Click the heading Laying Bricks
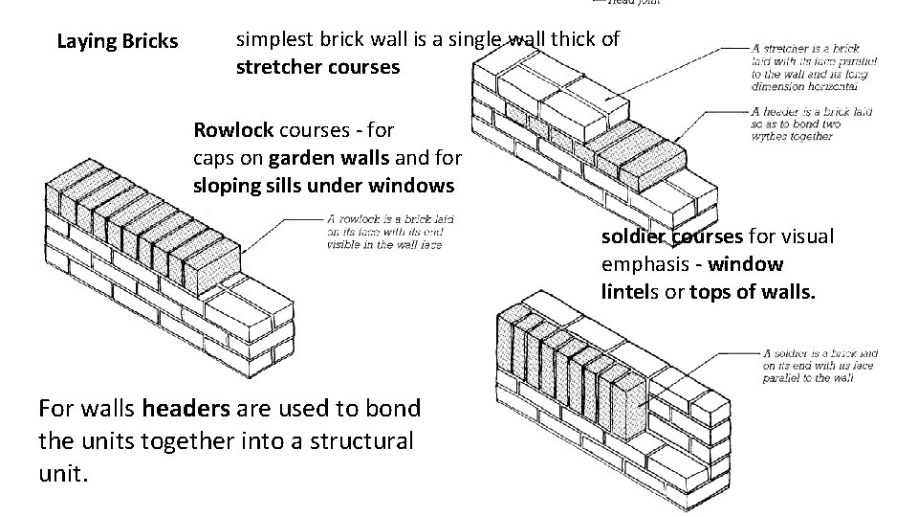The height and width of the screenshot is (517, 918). point(117,41)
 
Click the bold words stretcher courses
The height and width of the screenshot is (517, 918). point(317,68)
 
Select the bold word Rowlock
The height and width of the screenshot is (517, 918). point(233,129)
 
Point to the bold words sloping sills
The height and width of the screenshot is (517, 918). point(240,185)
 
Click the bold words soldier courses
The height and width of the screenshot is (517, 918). point(671,236)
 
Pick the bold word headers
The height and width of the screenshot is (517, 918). point(186,409)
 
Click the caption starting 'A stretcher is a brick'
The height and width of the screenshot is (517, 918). point(814,67)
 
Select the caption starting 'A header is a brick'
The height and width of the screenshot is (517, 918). point(812,124)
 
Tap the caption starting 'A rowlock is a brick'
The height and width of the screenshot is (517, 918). point(389,232)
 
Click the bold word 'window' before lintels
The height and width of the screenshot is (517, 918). point(748,263)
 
